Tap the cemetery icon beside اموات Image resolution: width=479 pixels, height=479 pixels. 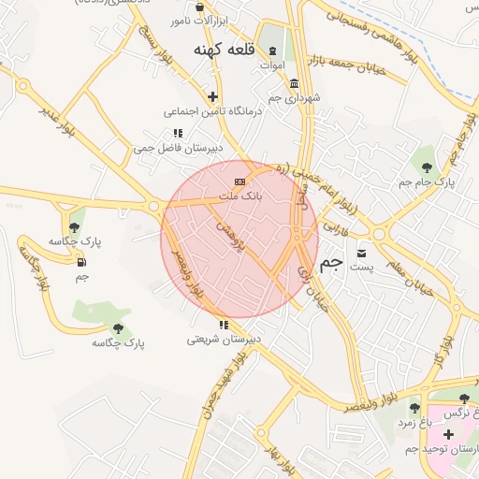pos(272,51)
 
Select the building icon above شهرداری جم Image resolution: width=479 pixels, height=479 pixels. pos(295,82)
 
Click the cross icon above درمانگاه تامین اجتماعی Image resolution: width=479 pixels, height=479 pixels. pos(212,95)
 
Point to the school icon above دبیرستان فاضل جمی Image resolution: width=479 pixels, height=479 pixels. pos(178,133)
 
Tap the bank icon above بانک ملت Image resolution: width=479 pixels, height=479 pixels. pos(239,181)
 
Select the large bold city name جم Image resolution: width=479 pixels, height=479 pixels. pos(330,264)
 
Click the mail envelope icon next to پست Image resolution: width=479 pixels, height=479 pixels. pos(361,253)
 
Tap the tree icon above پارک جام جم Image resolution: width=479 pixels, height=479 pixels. pos(427,167)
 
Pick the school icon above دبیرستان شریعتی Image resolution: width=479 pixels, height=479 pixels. pos(223,325)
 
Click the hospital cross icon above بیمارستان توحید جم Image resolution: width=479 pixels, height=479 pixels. pos(448,435)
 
